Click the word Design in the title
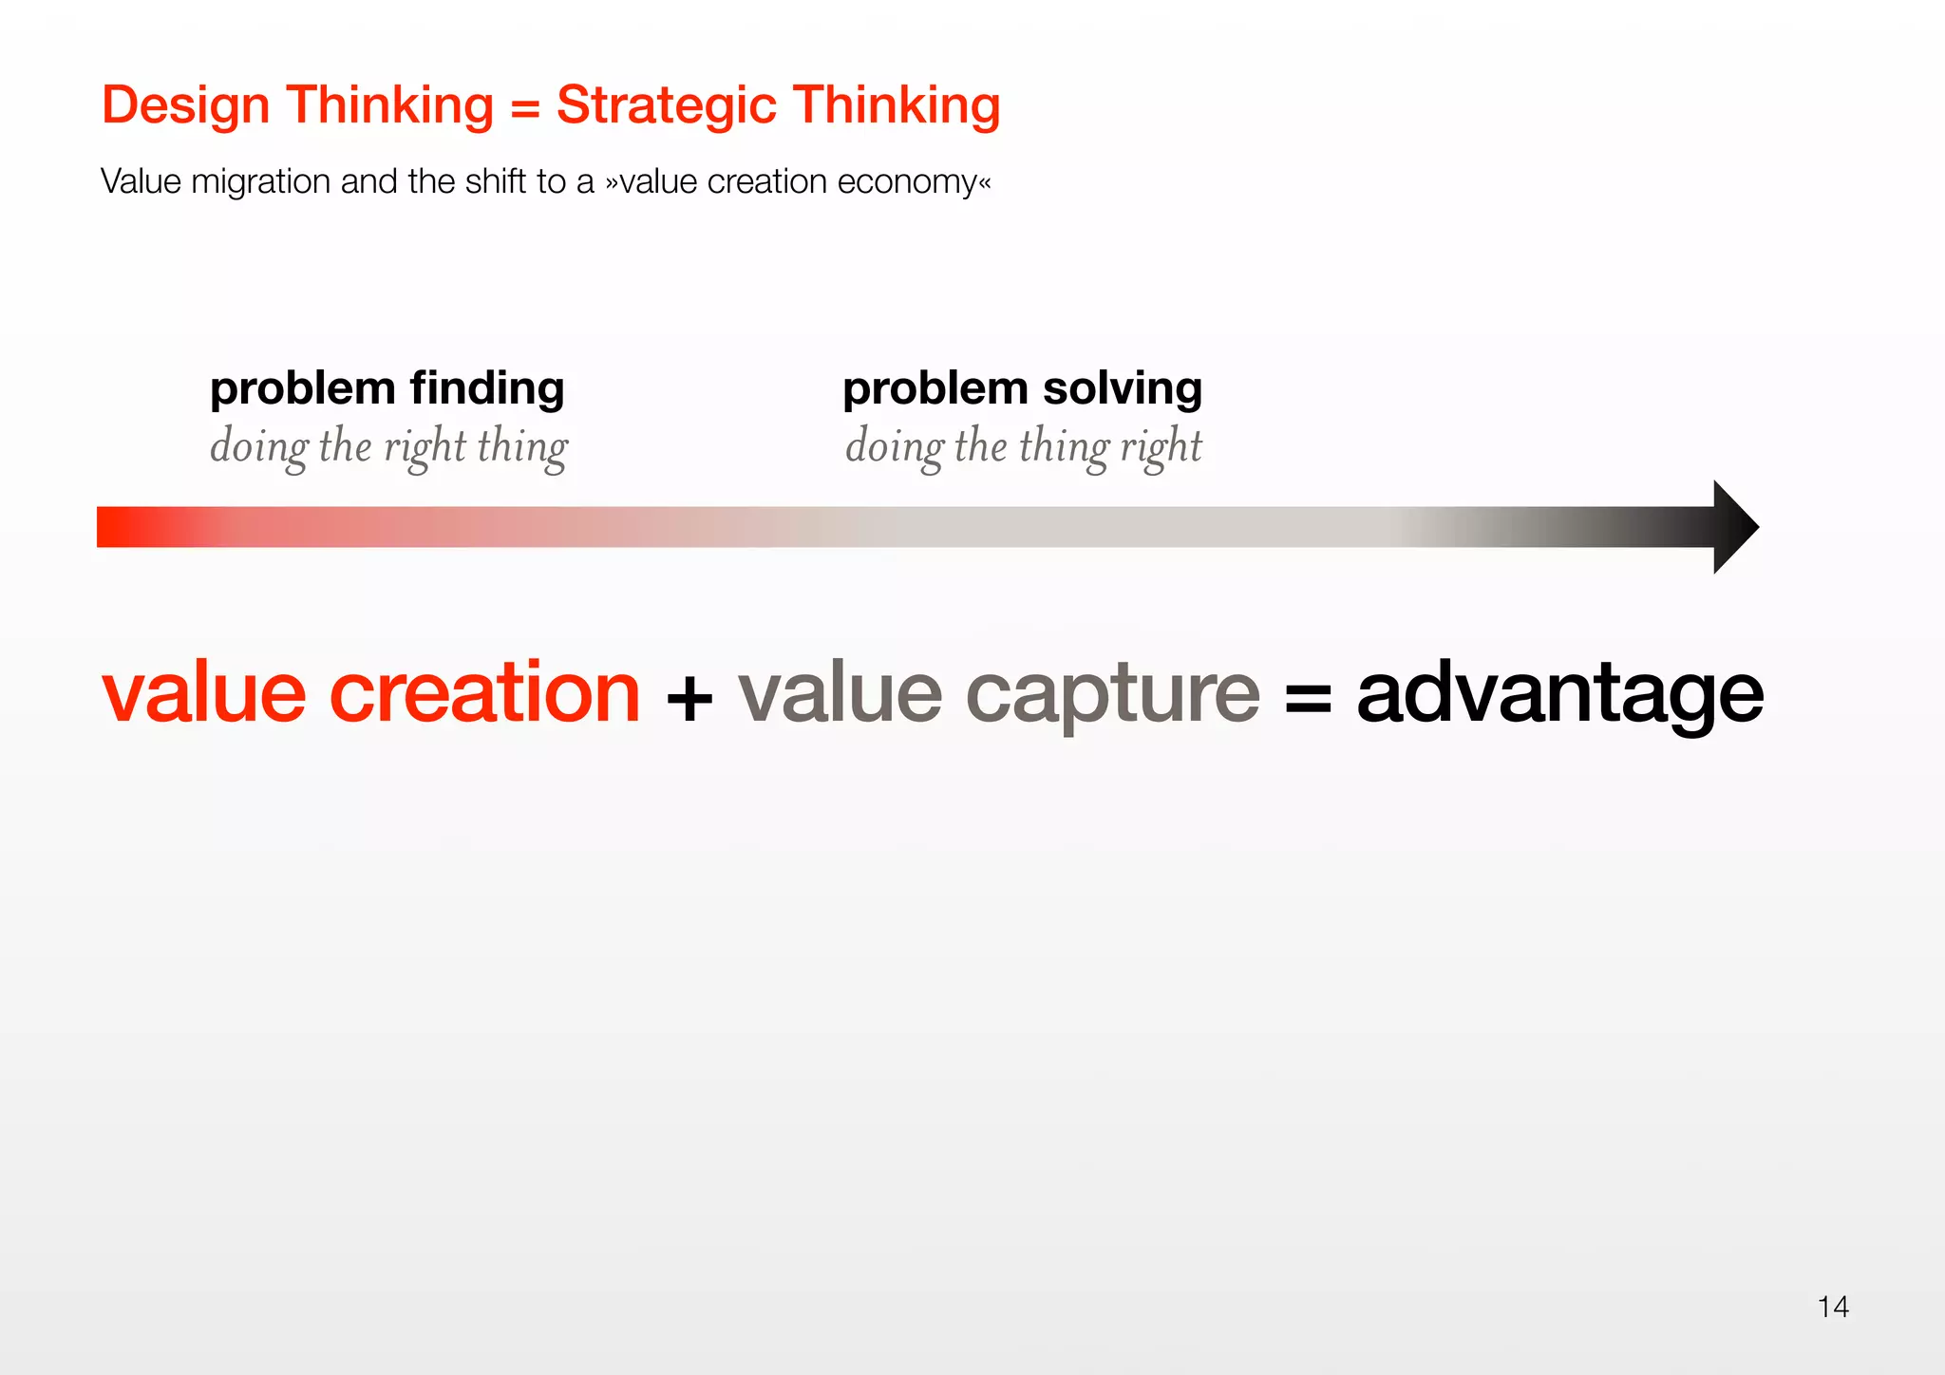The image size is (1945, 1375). point(186,105)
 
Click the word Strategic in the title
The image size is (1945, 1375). point(666,105)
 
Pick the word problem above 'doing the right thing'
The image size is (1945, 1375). point(302,389)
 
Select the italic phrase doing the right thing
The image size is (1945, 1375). point(388,446)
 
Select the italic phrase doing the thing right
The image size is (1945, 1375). point(1023,446)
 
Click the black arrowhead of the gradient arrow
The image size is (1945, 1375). point(1734,527)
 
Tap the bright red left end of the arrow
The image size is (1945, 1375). point(119,527)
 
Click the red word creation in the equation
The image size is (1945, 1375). point(484,693)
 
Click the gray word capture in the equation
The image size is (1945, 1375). point(1112,693)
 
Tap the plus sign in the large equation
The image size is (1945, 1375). point(689,700)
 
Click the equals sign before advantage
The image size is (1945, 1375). point(1308,700)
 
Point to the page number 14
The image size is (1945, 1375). point(1832,1307)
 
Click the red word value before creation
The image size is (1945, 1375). point(204,693)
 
